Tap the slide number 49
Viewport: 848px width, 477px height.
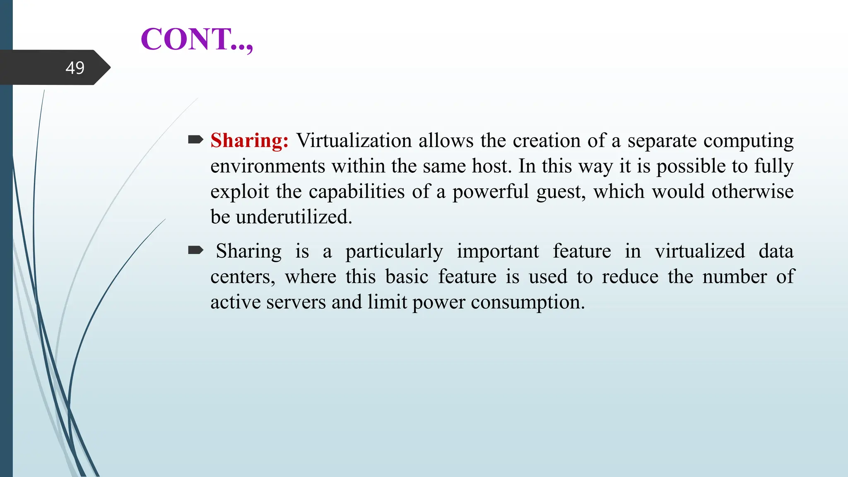[75, 68]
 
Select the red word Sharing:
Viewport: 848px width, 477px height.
[249, 140]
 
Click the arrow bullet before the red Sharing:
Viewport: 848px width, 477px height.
[195, 140]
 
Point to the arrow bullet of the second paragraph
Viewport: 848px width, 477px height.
[195, 250]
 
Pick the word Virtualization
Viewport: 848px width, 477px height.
[354, 140]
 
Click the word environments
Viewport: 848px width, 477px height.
[267, 166]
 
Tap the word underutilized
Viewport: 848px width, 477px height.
[294, 217]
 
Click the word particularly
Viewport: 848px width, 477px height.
[394, 252]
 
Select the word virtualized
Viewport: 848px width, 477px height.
[700, 251]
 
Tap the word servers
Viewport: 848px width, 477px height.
[296, 302]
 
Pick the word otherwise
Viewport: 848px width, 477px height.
[752, 192]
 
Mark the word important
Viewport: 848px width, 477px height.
[498, 252]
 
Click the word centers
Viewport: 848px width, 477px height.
[242, 277]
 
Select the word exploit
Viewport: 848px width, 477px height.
[240, 192]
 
